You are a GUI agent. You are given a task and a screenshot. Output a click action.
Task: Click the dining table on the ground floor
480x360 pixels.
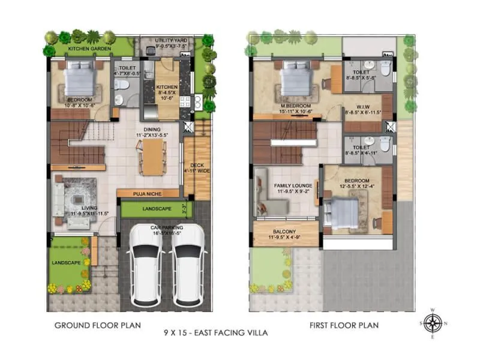[x=154, y=158]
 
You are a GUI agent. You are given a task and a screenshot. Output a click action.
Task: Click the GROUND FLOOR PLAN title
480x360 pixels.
[x=97, y=326]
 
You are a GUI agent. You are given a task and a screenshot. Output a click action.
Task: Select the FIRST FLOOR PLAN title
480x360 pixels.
[x=344, y=326]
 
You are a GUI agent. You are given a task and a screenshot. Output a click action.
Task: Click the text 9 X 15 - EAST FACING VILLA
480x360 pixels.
[x=215, y=332]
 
